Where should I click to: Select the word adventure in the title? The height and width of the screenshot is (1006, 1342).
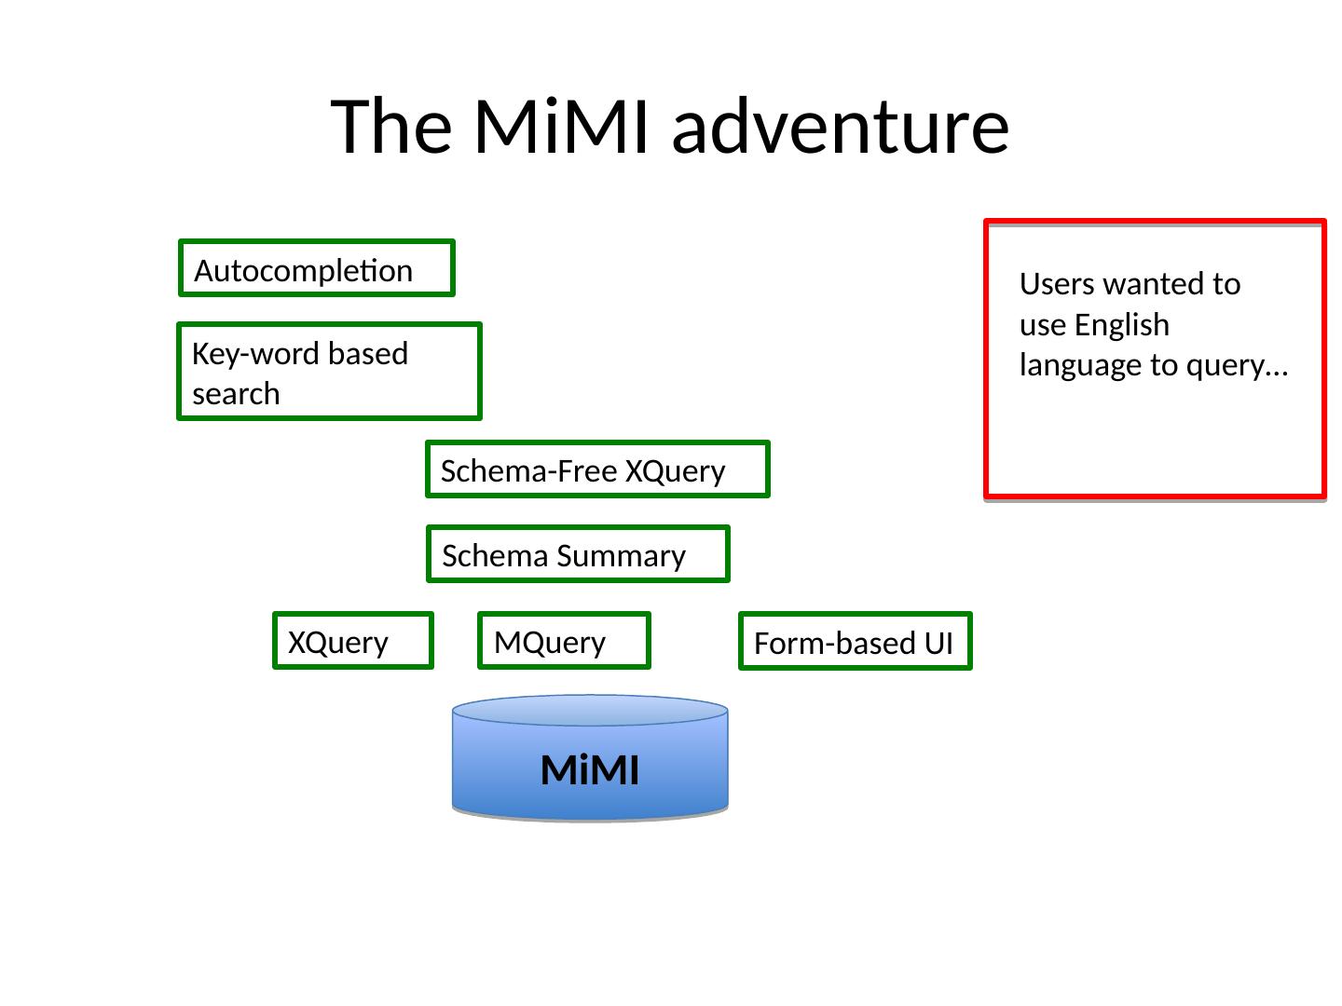pos(840,127)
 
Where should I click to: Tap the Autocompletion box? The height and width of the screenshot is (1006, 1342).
pos(316,269)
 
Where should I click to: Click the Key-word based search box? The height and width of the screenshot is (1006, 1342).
pos(329,372)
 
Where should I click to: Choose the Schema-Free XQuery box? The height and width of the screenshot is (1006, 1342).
pos(597,469)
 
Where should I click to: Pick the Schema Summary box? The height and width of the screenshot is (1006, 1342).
pos(578,554)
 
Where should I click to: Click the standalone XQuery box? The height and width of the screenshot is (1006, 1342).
pos(352,641)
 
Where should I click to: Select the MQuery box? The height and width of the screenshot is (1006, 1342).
pos(564,641)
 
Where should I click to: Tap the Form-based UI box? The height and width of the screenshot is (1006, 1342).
pos(855,642)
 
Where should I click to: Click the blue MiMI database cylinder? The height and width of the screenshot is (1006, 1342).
pos(590,759)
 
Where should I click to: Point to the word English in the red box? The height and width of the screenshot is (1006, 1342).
pos(1121,324)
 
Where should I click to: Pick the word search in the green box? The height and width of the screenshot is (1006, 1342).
pos(236,394)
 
